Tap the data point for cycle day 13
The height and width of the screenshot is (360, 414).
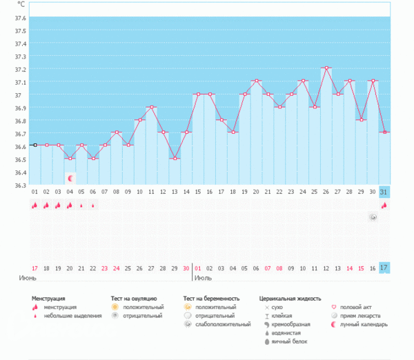click(x=175, y=159)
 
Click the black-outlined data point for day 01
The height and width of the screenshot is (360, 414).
click(x=34, y=145)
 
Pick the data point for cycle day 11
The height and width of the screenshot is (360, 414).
click(x=151, y=107)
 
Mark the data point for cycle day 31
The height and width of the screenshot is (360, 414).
click(x=384, y=132)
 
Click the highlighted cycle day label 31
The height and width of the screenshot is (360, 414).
click(x=384, y=191)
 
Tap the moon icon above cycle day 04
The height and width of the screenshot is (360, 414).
click(x=70, y=178)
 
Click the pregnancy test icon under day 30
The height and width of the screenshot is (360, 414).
click(x=373, y=217)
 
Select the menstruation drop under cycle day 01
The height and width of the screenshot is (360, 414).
click(x=34, y=205)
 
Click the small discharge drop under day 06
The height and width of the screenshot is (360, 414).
click(x=93, y=205)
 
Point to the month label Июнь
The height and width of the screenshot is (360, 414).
click(x=28, y=279)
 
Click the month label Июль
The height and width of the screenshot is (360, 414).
click(x=203, y=279)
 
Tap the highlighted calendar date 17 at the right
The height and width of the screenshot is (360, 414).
click(x=384, y=268)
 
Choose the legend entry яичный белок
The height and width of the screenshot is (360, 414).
click(x=288, y=341)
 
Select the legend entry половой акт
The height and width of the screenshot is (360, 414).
click(x=356, y=307)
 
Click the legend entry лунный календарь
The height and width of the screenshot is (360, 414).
click(x=363, y=324)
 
